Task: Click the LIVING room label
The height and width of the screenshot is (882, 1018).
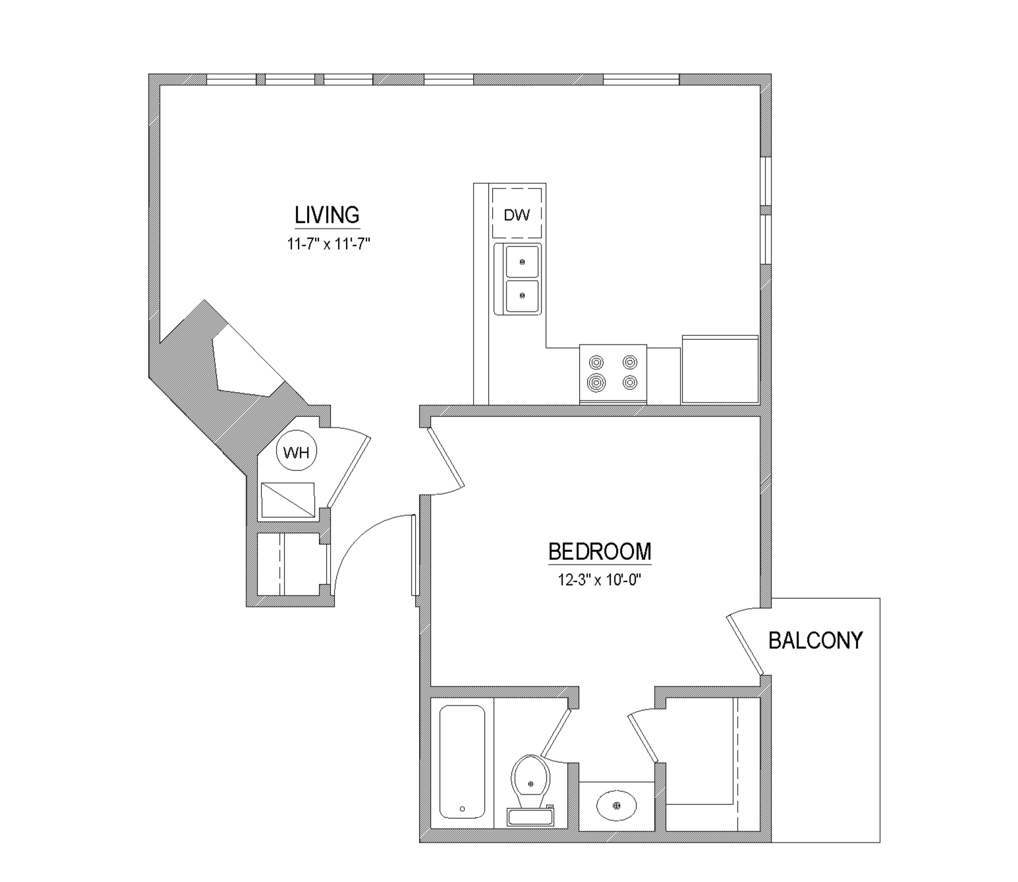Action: click(x=327, y=215)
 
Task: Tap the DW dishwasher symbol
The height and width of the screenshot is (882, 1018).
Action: click(x=517, y=214)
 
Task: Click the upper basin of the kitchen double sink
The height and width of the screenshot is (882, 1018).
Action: click(x=522, y=262)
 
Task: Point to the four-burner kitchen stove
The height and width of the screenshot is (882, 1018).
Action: click(x=613, y=373)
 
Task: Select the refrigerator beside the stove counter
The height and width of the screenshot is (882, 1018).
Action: click(x=720, y=369)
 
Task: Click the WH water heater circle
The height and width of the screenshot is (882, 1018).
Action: click(x=296, y=452)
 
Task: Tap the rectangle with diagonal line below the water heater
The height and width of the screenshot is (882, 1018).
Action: click(x=288, y=501)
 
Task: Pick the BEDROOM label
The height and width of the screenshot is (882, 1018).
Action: click(x=600, y=551)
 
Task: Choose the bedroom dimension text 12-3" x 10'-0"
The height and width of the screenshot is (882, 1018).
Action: click(x=600, y=580)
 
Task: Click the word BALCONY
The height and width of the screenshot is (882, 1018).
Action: click(x=815, y=640)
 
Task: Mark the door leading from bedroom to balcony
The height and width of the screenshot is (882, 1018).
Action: click(x=746, y=646)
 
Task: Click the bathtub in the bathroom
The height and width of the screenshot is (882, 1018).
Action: click(x=462, y=762)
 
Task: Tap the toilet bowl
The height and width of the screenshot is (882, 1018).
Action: click(x=530, y=779)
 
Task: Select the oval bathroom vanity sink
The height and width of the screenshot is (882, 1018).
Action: click(x=616, y=805)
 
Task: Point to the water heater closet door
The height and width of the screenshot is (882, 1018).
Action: click(x=349, y=471)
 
